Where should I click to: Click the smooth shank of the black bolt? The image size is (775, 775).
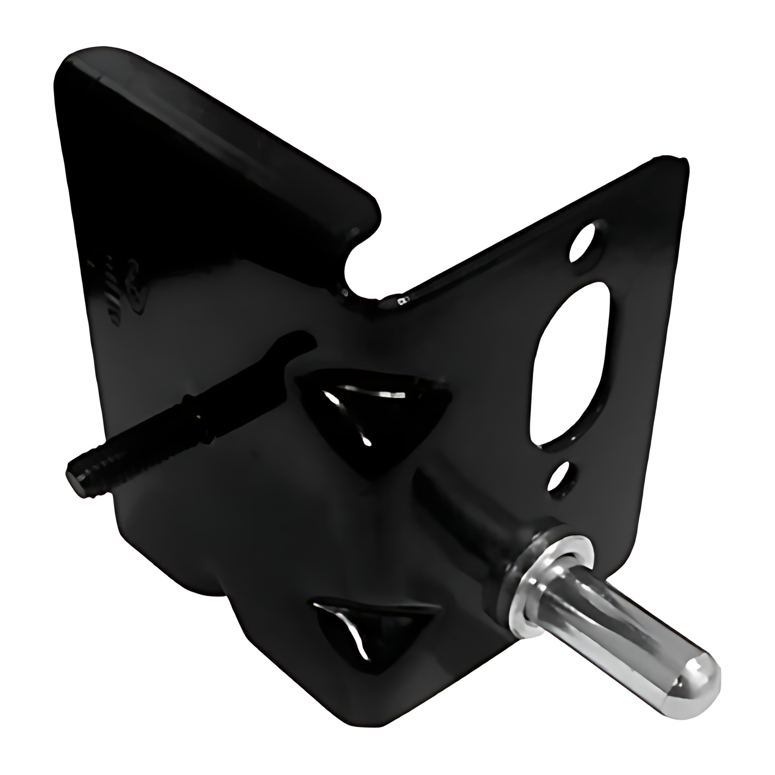pyautogui.click(x=203, y=417)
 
